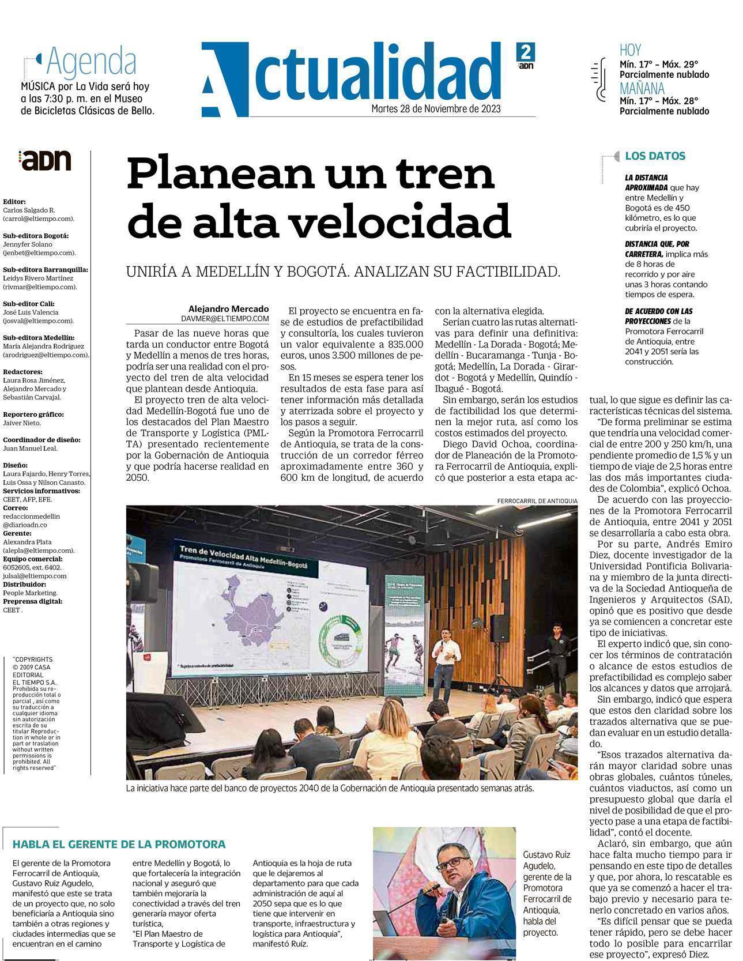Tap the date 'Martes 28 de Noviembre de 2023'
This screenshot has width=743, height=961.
pos(435,108)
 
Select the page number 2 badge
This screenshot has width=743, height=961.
pos(525,52)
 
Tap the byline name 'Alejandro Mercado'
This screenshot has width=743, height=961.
pos(228,308)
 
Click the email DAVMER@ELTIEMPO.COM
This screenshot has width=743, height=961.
pos(225,318)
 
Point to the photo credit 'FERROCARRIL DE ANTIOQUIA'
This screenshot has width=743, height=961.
pos(537,501)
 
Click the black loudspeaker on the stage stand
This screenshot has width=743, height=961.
pos(499,628)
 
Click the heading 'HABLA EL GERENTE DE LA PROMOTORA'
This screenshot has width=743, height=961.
pos(119,844)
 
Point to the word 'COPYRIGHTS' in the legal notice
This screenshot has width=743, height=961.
pos(33,659)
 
